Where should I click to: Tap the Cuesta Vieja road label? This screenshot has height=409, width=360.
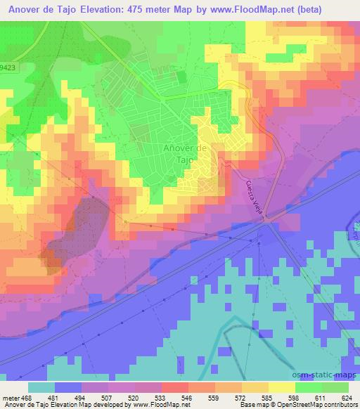pos(257,201)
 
